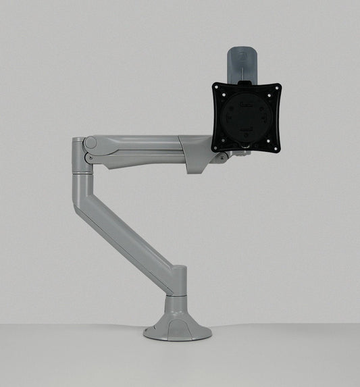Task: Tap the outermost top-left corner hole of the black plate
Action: (x=218, y=88)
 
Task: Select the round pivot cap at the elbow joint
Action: (x=91, y=144)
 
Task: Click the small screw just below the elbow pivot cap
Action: (x=88, y=159)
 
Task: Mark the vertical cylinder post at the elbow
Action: (x=80, y=169)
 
